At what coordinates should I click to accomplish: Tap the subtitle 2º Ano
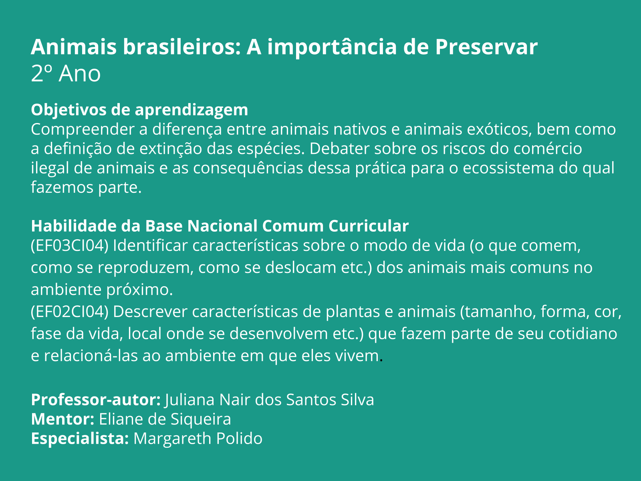click(x=66, y=74)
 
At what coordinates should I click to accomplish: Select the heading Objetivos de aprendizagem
click(x=139, y=110)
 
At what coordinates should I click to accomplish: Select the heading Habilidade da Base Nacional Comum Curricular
click(x=220, y=226)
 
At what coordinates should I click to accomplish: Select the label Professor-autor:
click(x=96, y=400)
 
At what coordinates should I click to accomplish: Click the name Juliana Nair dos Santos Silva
click(x=269, y=400)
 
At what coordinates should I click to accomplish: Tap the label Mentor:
click(x=62, y=419)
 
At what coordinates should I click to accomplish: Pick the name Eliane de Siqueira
click(x=165, y=419)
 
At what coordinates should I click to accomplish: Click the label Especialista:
click(x=80, y=438)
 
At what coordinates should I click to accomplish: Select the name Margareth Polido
click(x=198, y=438)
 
